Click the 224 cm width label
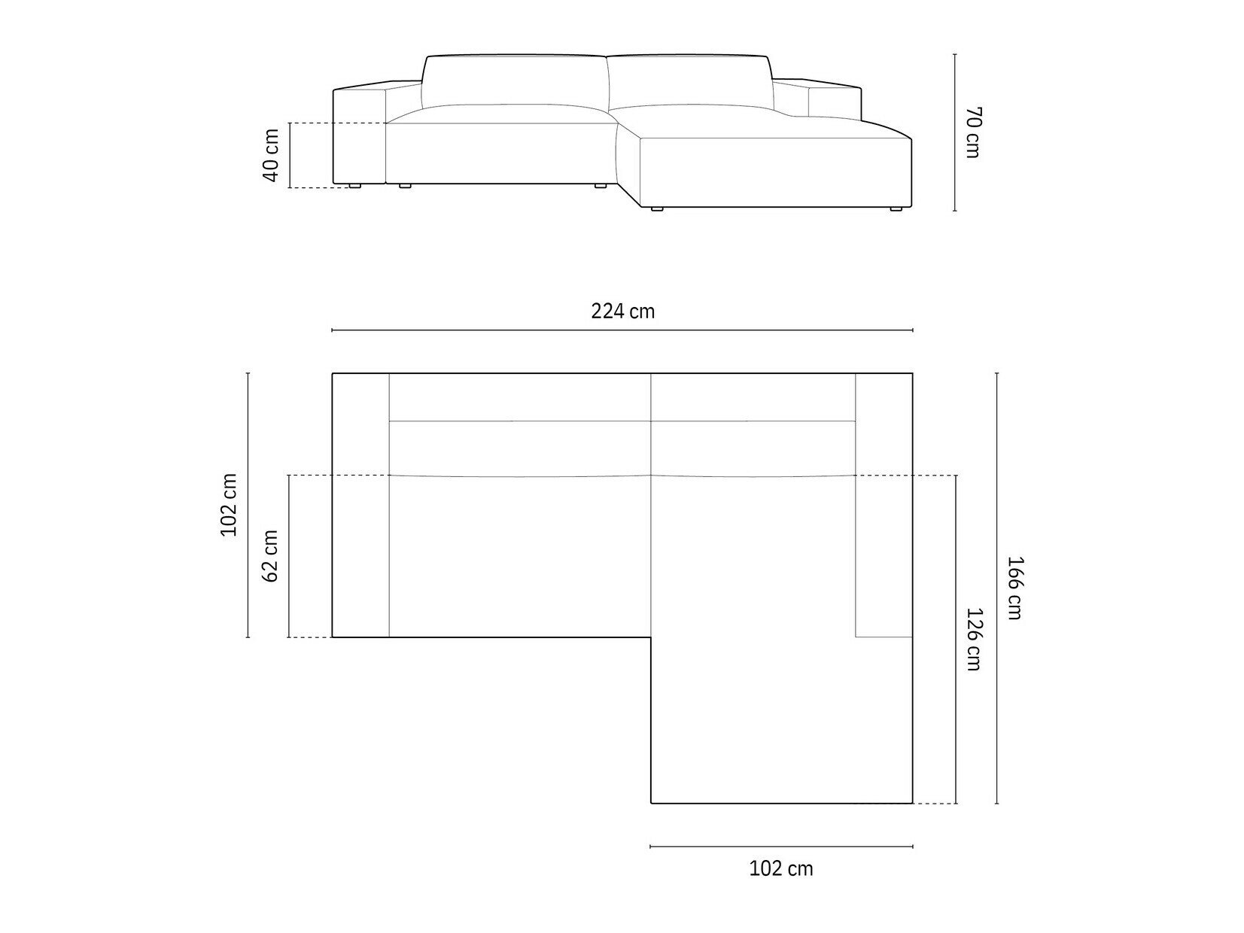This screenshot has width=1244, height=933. coord(622,311)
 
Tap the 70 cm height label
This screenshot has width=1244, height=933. coord(972,132)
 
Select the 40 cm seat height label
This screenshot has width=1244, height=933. coord(271,155)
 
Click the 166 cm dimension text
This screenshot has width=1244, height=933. coord(1014,588)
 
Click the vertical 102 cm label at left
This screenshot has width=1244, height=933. coord(228,505)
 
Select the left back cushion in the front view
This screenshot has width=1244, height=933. coord(515,82)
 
